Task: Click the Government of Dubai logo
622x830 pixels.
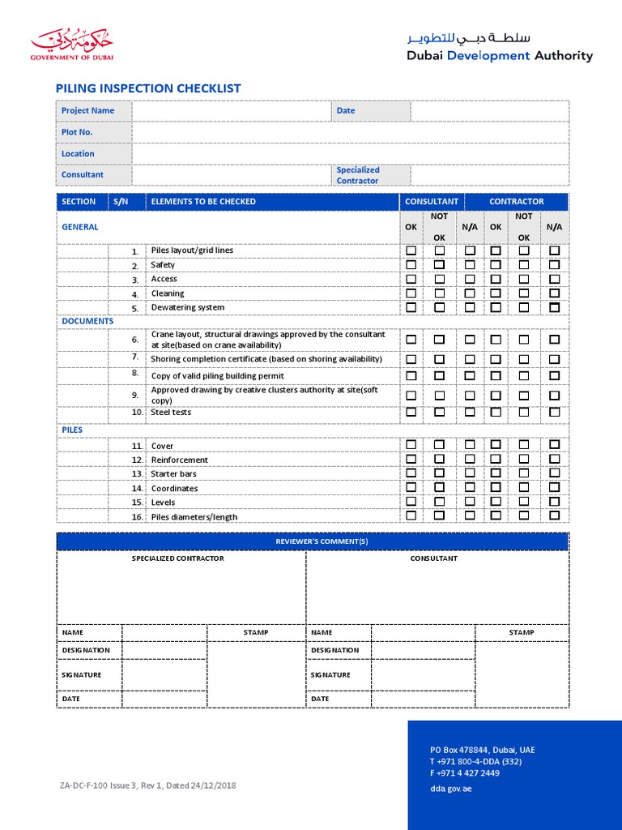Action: click(72, 45)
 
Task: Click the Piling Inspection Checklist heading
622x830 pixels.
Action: click(147, 88)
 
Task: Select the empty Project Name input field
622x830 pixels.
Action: click(231, 111)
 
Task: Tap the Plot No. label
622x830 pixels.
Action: click(77, 132)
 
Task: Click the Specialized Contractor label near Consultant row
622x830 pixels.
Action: click(357, 175)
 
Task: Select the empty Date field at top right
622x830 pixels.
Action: click(489, 111)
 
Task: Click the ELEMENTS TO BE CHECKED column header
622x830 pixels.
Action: click(203, 201)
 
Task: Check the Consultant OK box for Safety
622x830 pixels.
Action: click(411, 265)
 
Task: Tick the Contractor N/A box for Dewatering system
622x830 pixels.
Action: click(554, 307)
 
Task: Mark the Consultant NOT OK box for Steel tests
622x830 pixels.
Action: click(439, 412)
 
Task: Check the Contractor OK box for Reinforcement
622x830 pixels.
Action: click(495, 460)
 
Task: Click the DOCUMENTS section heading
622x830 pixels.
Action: click(87, 321)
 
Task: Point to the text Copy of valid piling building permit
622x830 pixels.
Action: click(217, 376)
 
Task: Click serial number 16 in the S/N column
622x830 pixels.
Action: click(136, 517)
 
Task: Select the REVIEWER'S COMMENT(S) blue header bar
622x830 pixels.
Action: click(312, 541)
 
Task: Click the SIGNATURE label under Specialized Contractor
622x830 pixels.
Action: click(81, 674)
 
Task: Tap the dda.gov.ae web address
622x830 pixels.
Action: click(450, 789)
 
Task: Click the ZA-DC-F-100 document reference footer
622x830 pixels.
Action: click(147, 785)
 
